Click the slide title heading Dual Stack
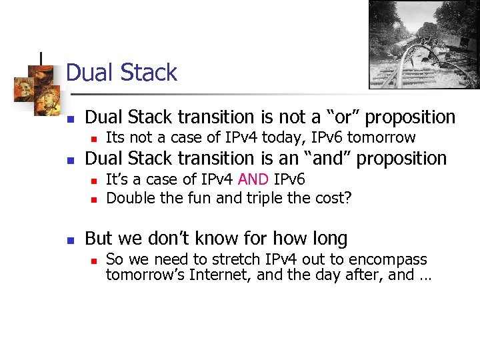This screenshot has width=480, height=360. (122, 73)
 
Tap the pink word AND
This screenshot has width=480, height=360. (253, 179)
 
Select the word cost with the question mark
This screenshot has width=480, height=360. (335, 197)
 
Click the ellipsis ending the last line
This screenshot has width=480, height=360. (424, 275)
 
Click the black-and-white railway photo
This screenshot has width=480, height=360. (424, 44)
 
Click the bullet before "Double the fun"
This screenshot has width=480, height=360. (94, 199)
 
